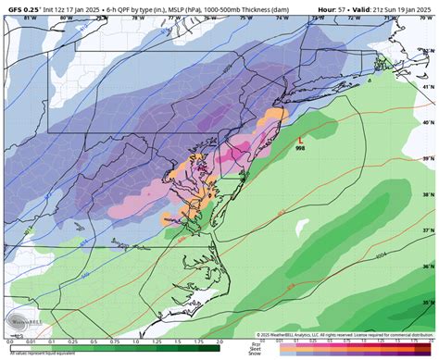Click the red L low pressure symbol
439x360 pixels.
click(x=300, y=140)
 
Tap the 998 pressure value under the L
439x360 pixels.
click(x=300, y=148)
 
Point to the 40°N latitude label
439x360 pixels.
click(x=426, y=122)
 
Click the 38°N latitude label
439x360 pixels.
click(x=426, y=196)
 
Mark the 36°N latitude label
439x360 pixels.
click(x=426, y=267)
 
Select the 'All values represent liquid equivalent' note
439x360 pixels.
click(x=37, y=354)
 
